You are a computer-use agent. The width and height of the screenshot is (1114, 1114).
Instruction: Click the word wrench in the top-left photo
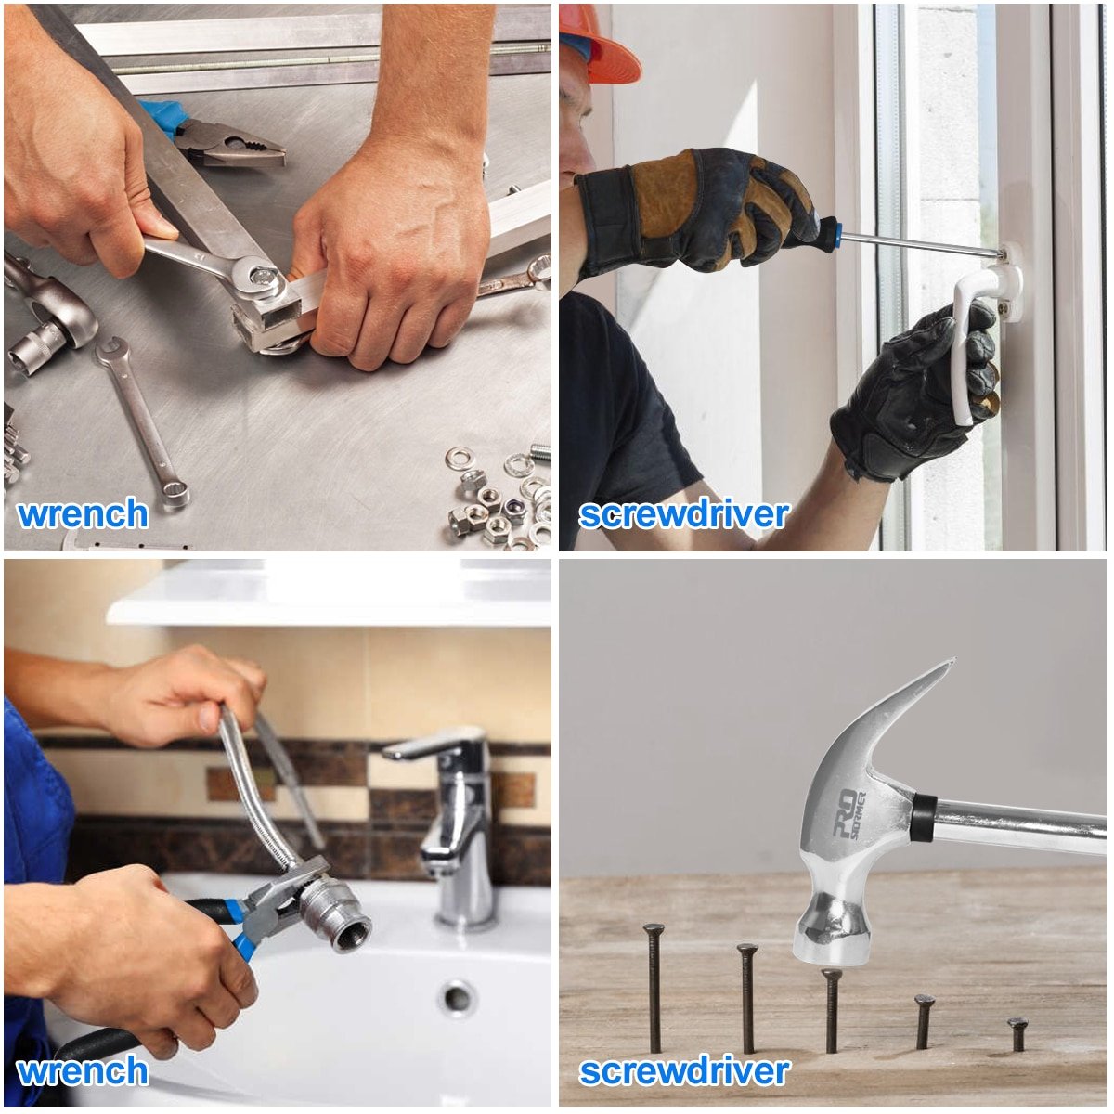click(83, 513)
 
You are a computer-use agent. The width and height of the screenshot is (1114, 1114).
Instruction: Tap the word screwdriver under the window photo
click(684, 514)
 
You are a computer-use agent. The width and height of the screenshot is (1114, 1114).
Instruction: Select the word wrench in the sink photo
click(83, 1070)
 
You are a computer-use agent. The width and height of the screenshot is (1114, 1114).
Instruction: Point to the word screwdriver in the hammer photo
click(684, 1071)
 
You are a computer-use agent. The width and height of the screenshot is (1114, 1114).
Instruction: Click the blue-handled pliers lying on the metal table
click(214, 133)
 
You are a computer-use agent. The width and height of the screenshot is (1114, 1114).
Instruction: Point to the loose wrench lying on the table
click(142, 422)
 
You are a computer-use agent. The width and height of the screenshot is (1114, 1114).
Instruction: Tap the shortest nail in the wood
click(1018, 1035)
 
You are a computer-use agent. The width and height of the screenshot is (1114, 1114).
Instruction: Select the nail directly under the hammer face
click(832, 1011)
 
